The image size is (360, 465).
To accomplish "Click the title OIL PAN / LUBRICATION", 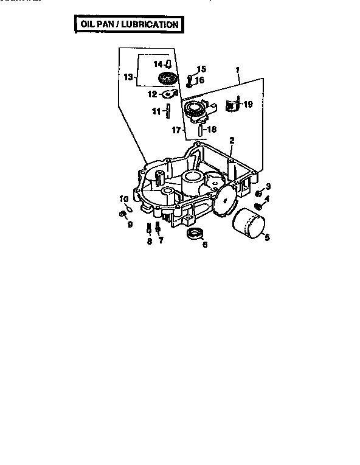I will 128,24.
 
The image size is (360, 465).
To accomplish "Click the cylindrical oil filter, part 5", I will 248,224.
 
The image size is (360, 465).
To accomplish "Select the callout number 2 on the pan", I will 232,141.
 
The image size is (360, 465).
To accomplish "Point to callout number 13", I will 127,77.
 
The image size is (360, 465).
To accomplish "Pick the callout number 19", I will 248,105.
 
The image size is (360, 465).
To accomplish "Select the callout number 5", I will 265,237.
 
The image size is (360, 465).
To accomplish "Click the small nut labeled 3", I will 258,194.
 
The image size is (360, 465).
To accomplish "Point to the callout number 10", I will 123,198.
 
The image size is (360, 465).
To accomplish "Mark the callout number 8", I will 149,241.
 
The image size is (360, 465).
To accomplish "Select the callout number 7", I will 161,241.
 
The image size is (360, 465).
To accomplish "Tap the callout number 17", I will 176,130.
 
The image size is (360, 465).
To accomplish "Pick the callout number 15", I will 201,69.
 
